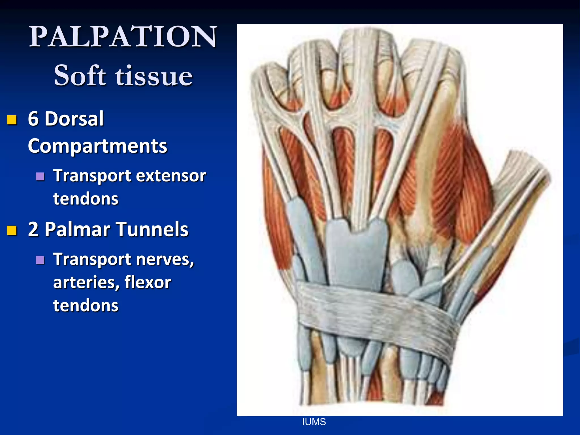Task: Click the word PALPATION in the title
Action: [x=123, y=37]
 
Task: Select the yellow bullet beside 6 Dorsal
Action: [x=12, y=120]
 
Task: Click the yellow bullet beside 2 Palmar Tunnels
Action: [x=12, y=231]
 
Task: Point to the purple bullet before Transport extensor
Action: [x=40, y=176]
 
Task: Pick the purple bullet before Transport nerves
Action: [x=40, y=260]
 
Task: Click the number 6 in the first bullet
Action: [x=33, y=118]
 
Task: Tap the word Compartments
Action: [x=97, y=146]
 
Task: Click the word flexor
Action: [x=148, y=282]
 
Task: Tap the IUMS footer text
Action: [x=314, y=422]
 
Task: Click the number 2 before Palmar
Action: [x=33, y=229]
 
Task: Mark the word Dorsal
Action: [x=74, y=118]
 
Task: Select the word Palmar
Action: [x=77, y=229]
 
